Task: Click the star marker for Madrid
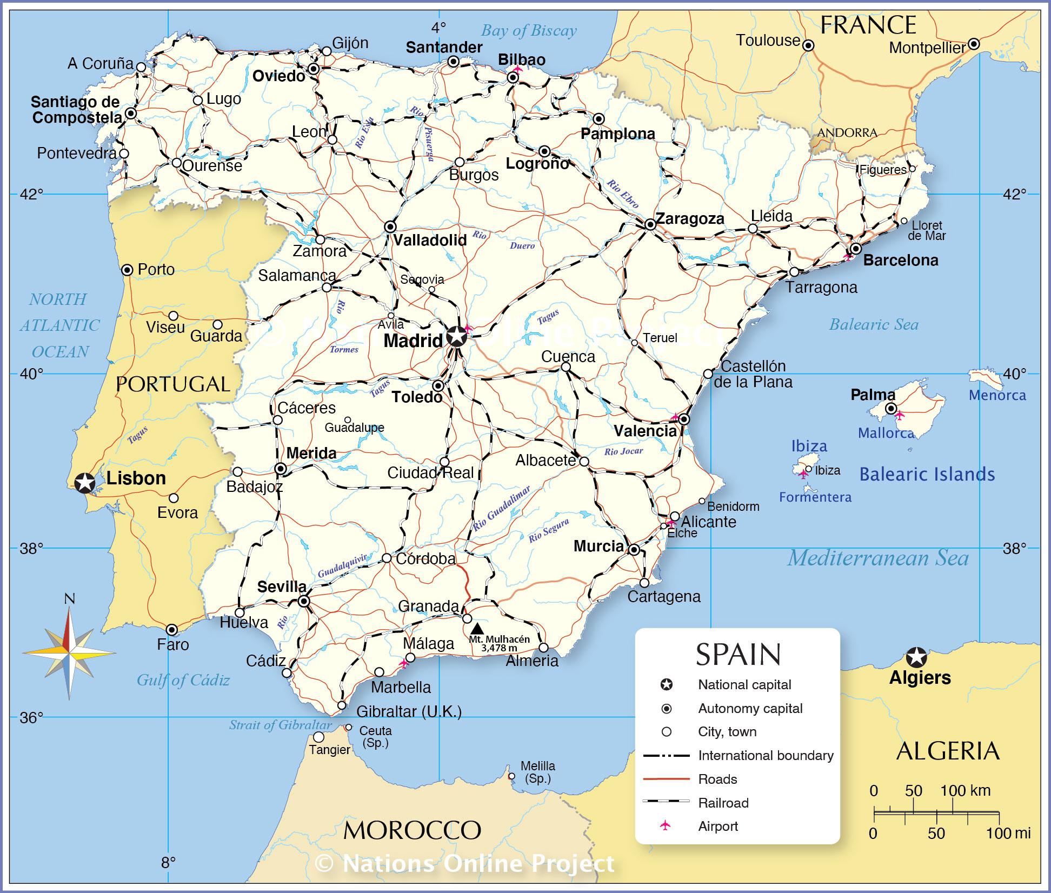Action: pos(457,336)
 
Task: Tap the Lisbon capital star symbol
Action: pos(84,482)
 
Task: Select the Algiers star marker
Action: pos(916,657)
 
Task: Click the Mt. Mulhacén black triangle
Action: pos(476,629)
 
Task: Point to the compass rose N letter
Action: pos(69,598)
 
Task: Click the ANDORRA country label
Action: pos(847,132)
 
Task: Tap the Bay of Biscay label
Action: pos(529,30)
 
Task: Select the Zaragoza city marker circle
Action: pos(650,224)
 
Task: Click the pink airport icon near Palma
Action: pos(899,415)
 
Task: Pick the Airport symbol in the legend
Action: pos(666,825)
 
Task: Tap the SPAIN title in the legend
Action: pos(738,654)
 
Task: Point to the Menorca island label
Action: pos(997,395)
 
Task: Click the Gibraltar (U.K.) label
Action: pos(409,711)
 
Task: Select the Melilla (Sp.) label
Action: pos(537,772)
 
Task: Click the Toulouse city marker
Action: pos(808,46)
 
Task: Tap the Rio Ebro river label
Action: pos(623,193)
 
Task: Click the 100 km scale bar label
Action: pos(965,790)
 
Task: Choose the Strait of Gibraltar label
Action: pos(280,725)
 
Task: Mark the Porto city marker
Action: pos(127,270)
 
